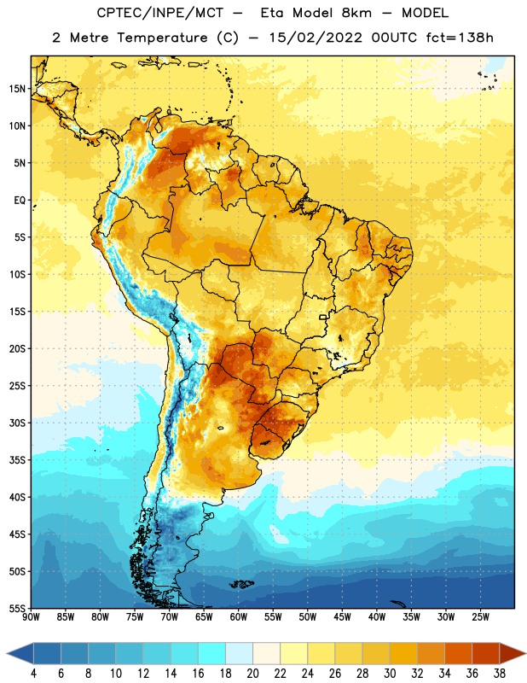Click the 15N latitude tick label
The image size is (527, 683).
[17, 89]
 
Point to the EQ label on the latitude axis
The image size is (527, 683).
[20, 201]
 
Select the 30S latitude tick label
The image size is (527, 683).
[17, 423]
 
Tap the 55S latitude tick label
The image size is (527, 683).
[17, 609]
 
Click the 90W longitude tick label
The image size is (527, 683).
[31, 617]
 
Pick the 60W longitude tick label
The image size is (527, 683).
[239, 617]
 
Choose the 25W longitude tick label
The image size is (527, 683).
[480, 617]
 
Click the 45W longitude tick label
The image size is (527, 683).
[343, 617]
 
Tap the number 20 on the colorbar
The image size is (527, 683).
[252, 674]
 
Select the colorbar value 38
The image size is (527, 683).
[500, 674]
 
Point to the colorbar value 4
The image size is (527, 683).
[33, 674]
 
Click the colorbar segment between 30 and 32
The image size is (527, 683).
[403, 653]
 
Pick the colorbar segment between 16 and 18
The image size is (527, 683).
[211, 653]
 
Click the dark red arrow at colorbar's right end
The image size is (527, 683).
[513, 653]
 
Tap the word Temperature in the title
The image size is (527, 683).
[162, 38]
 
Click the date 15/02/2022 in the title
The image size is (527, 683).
[316, 38]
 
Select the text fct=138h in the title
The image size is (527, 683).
[460, 38]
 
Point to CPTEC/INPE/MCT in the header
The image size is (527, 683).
[160, 13]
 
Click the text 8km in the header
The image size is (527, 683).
[356, 13]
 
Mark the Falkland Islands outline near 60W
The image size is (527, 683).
[241, 584]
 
